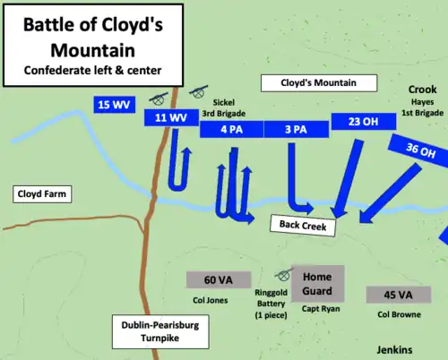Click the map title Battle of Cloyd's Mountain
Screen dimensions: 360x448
coord(93,35)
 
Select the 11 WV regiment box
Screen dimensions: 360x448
coord(170,117)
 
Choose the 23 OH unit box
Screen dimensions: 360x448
coord(357,121)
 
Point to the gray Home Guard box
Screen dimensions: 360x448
coord(317,284)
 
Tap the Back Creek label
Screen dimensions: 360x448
coord(302,226)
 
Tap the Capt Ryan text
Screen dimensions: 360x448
coord(319,310)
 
